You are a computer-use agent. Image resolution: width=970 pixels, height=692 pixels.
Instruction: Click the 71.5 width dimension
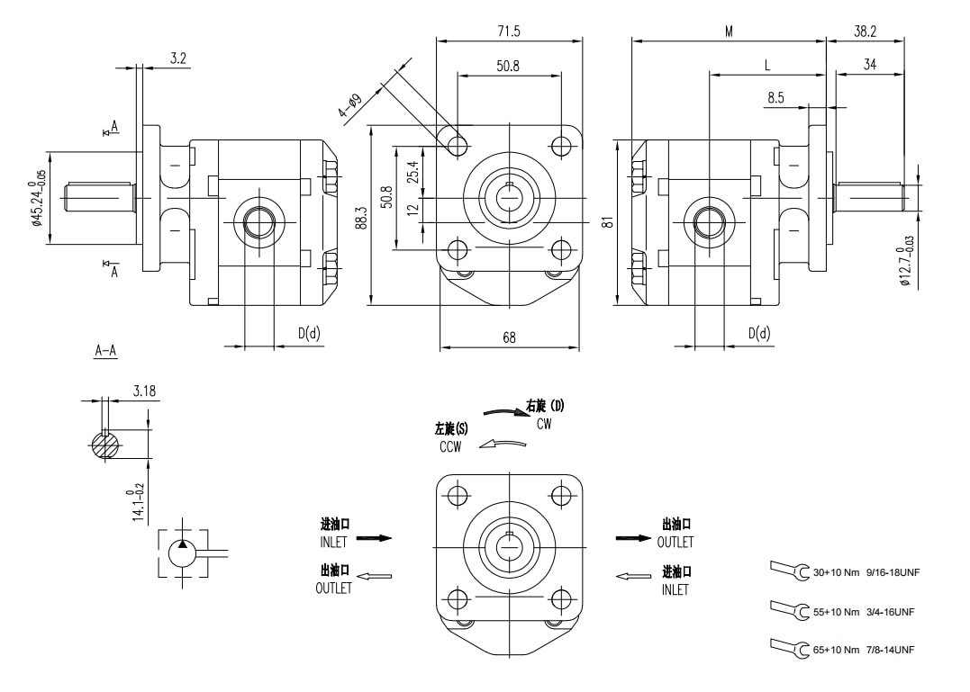(509, 31)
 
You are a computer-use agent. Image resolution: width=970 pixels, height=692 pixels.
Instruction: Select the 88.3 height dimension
(361, 219)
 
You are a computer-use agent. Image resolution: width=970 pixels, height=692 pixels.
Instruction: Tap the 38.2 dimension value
(865, 31)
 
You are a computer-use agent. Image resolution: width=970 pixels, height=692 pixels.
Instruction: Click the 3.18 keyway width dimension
(144, 391)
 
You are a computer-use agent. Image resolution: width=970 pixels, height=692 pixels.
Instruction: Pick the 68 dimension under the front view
(510, 337)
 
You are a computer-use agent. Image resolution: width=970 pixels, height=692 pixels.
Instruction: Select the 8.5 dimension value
(775, 97)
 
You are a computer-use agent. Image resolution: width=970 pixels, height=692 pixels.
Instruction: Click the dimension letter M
(729, 31)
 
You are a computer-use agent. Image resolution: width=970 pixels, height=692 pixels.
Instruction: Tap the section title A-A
(106, 351)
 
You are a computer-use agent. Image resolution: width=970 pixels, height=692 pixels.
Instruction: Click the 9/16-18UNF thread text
(893, 572)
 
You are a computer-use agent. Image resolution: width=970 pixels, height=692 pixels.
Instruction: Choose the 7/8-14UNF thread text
(890, 650)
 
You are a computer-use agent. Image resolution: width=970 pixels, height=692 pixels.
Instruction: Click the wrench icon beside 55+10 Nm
(790, 611)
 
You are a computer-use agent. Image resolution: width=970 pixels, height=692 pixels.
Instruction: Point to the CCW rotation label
(450, 446)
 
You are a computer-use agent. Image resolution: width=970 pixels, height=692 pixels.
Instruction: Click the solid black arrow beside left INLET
(375, 538)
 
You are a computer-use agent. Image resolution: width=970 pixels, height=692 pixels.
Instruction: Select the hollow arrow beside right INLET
(634, 576)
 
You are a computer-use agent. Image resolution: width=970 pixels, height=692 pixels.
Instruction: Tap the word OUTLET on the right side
(675, 542)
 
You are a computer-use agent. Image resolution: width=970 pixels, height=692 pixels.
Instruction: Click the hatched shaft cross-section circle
(108, 445)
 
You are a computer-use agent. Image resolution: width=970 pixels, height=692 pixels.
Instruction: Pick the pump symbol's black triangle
(183, 544)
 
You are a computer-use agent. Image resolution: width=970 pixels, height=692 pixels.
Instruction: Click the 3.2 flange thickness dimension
(178, 58)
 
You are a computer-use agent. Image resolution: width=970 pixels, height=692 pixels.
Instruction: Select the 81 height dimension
(609, 221)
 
